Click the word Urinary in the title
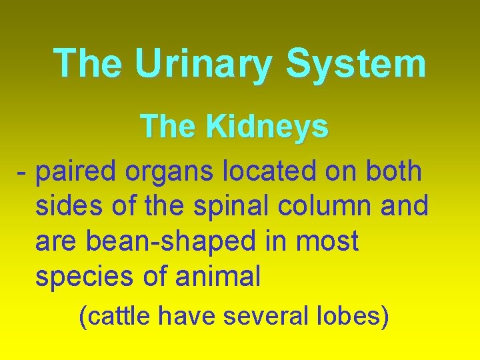click(x=204, y=64)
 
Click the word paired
click(x=76, y=172)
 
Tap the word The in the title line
click(x=88, y=64)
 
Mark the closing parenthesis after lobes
click(x=384, y=316)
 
